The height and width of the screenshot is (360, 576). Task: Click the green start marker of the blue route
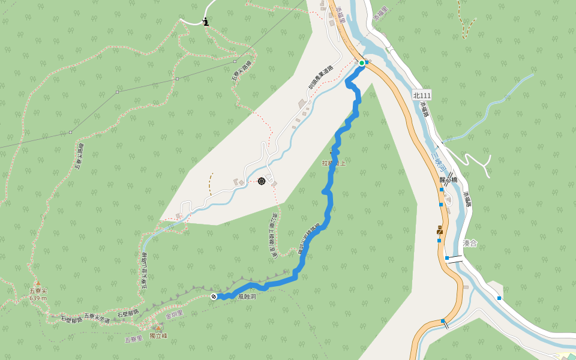(x=362, y=62)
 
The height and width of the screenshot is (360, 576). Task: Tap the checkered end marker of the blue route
(x=214, y=296)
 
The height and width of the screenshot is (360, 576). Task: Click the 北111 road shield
(x=422, y=95)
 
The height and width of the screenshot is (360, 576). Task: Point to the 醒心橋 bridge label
(x=448, y=179)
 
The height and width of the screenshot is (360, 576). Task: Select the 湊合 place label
(x=470, y=243)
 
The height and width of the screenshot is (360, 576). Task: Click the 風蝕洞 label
(x=247, y=296)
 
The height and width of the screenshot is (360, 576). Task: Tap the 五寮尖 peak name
(x=38, y=291)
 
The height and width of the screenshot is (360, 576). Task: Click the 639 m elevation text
(x=38, y=298)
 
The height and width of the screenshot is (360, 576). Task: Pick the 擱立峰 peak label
(x=158, y=336)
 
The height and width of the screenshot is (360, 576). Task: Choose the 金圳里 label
(x=174, y=313)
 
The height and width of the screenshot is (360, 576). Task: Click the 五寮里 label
(x=133, y=339)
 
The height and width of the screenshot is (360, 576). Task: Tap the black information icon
(x=206, y=22)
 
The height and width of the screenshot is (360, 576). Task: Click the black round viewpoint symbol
(x=262, y=181)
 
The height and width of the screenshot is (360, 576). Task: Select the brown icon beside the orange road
(x=440, y=229)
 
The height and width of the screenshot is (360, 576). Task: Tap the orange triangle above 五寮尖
(x=37, y=283)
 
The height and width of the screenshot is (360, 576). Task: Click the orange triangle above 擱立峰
(x=158, y=328)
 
